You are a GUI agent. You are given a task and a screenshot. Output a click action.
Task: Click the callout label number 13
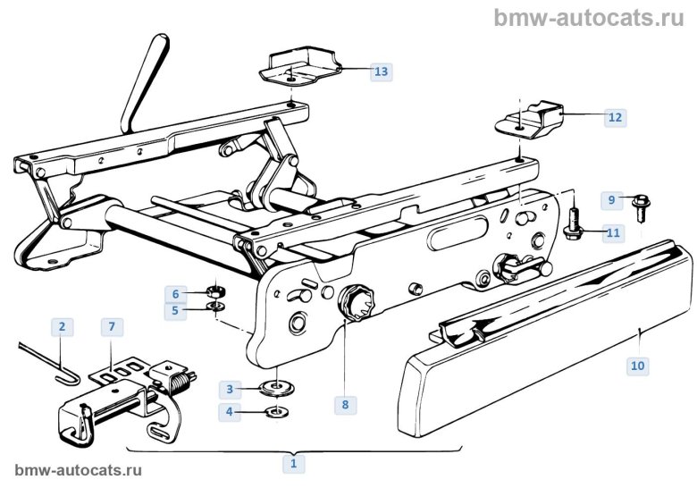[x=382, y=72]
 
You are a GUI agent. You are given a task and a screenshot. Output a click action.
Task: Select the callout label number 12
[x=615, y=117]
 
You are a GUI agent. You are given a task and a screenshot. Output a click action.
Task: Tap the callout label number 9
[x=612, y=198]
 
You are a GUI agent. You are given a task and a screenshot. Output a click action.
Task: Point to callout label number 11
[x=612, y=233]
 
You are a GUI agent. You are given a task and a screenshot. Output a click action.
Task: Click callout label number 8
[x=344, y=404]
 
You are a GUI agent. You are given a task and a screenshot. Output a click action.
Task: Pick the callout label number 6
[x=176, y=293]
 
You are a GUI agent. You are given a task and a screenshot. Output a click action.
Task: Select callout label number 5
[x=176, y=311]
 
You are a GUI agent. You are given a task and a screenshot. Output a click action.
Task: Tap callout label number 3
[x=230, y=389]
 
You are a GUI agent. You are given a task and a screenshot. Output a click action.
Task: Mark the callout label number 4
[x=230, y=412]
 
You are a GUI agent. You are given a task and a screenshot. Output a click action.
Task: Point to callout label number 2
[x=62, y=327]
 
